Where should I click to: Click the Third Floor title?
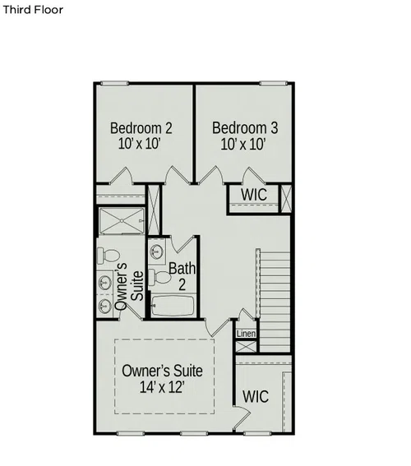coord(33,10)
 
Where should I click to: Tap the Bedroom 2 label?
coord(141,128)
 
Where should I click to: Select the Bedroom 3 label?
coord(245,127)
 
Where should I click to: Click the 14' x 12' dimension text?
coord(162,387)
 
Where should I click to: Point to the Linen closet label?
coord(246,334)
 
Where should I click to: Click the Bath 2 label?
coord(182,276)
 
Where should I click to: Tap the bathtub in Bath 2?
coord(173,306)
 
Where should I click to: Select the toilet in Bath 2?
coord(159,277)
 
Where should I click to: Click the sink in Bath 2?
coord(157,251)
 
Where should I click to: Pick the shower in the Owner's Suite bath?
coord(122,221)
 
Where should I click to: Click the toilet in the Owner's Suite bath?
coord(109,256)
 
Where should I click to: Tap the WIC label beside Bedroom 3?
coord(254,195)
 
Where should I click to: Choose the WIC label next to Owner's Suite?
coord(256,396)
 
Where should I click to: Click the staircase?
coord(275,302)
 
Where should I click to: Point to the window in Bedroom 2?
coord(114,83)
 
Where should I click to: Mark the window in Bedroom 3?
coord(274,83)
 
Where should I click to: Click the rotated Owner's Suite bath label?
coord(129,286)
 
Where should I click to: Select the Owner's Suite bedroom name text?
coord(162,371)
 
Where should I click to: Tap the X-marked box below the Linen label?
coord(246,347)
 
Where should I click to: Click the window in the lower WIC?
coord(257,434)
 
